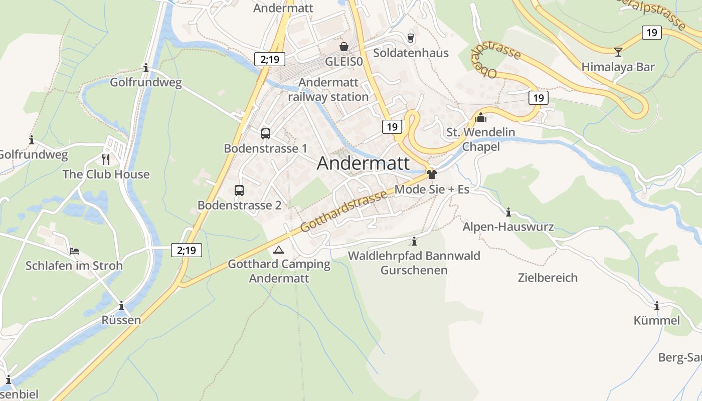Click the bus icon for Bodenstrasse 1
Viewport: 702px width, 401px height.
266,134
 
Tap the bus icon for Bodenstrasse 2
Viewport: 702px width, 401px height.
239,190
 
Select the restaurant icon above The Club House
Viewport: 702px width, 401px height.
106,159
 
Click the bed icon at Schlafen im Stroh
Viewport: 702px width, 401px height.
74,251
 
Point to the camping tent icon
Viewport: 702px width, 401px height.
279,249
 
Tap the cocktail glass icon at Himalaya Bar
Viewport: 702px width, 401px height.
618,52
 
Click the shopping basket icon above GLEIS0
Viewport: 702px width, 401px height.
344,47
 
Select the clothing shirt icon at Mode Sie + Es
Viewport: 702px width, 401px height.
432,174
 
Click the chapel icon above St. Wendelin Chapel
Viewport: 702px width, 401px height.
481,117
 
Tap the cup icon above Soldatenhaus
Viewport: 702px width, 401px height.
411,38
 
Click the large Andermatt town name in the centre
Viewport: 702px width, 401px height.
364,163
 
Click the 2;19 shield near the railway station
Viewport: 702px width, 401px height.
270,59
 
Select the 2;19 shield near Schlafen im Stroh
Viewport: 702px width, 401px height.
187,250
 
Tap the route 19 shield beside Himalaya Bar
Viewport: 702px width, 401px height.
651,33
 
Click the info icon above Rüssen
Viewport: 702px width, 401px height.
121,305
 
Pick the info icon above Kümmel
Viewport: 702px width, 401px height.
656,306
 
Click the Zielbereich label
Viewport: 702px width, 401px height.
548,278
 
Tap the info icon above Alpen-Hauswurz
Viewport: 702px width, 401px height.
508,212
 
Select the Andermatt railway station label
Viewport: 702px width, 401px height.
328,90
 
